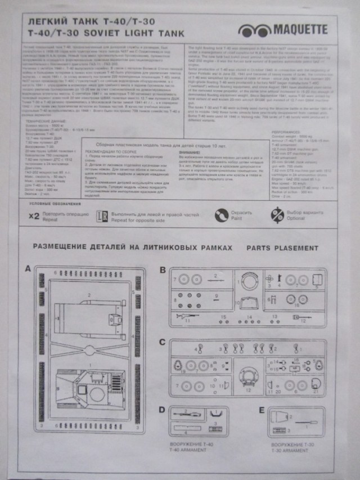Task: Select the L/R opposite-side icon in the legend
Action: (x=102, y=230)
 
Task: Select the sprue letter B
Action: (x=163, y=270)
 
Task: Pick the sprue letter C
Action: (x=163, y=342)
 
